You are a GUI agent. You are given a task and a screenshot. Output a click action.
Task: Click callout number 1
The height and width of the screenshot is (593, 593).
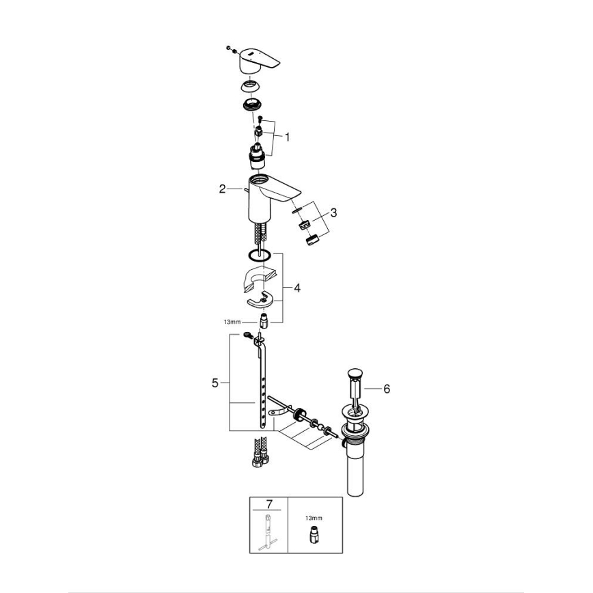pyautogui.click(x=287, y=137)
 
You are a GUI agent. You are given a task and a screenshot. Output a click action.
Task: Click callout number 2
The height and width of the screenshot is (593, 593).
pyautogui.click(x=223, y=189)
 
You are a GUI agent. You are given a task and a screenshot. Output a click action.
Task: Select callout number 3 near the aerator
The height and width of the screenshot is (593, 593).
pyautogui.click(x=333, y=212)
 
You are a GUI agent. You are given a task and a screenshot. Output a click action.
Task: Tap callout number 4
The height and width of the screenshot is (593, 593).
pyautogui.click(x=297, y=288)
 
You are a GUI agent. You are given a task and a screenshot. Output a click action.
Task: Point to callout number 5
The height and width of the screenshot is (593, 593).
pyautogui.click(x=215, y=384)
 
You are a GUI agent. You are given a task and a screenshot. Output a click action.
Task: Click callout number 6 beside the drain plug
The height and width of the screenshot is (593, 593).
pyautogui.click(x=386, y=389)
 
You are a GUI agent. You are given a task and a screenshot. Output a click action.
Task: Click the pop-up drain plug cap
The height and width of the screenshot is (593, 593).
pyautogui.click(x=353, y=373)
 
